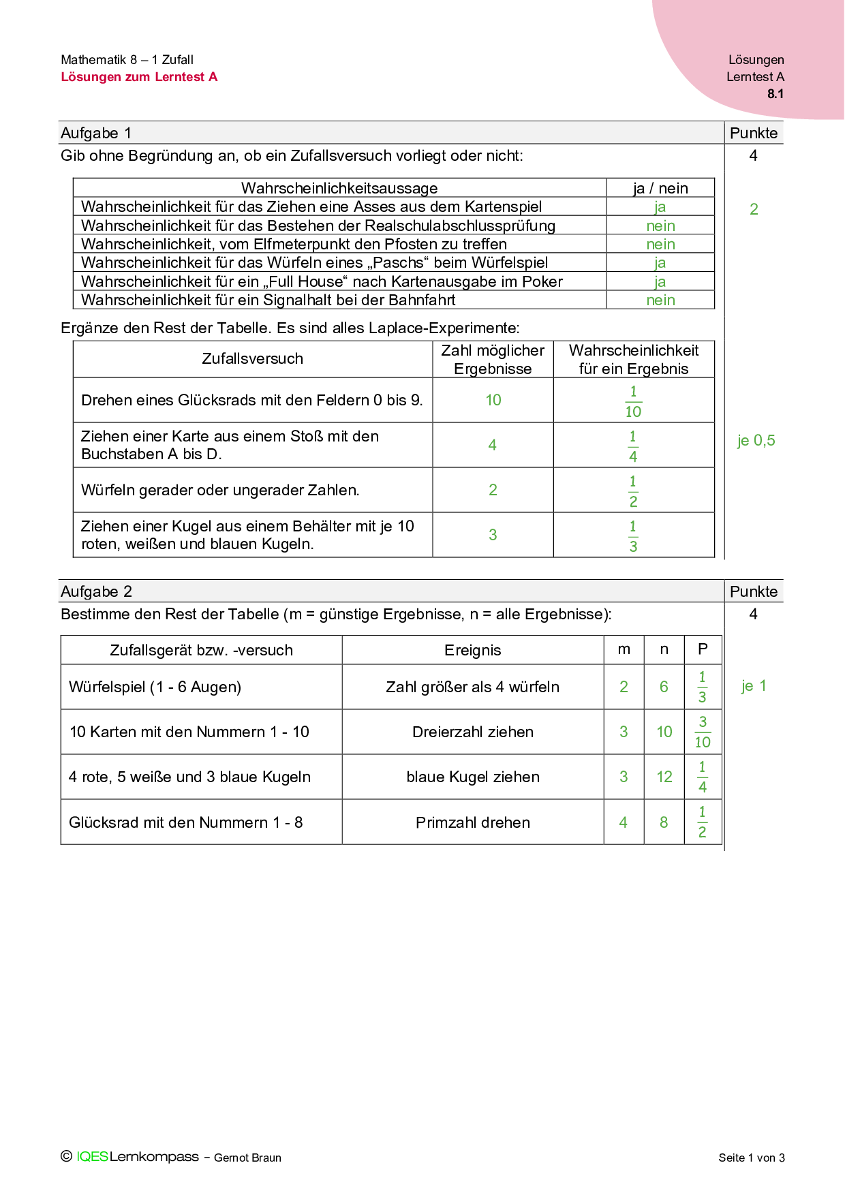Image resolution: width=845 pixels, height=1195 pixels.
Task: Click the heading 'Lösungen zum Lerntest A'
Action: [x=139, y=77]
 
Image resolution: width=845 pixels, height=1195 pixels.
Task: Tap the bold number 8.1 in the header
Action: [x=775, y=94]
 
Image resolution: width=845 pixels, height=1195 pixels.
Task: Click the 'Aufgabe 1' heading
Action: [x=96, y=133]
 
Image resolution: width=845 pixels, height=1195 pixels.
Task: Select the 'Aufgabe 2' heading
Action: [x=97, y=591]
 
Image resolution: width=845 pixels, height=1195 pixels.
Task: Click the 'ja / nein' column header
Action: [x=660, y=188]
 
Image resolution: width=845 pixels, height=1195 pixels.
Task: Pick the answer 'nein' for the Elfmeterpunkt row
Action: [x=660, y=244]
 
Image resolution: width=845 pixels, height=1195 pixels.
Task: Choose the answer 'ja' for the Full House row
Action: [x=660, y=281]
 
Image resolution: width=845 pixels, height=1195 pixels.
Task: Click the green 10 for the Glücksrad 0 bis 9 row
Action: [x=493, y=400]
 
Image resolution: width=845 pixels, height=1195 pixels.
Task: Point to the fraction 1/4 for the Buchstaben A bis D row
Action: [x=633, y=446]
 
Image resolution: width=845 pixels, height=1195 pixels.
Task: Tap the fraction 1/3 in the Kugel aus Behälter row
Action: [x=633, y=536]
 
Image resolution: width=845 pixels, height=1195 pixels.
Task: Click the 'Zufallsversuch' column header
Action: [x=252, y=358]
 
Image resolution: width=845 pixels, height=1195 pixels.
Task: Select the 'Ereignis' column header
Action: [x=472, y=650]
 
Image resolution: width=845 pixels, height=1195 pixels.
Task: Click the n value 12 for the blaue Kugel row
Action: [x=664, y=777]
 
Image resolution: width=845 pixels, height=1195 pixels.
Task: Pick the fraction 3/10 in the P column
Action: [x=703, y=732]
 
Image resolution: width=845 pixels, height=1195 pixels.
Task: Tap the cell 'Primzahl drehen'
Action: [x=472, y=822]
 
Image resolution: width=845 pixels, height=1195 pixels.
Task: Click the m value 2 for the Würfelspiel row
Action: [x=624, y=687]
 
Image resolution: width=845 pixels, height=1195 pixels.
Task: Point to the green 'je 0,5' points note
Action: [x=756, y=441]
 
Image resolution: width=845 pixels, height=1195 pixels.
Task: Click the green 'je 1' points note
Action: [x=754, y=686]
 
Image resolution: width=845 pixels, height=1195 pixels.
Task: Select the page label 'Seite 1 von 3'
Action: [x=751, y=1158]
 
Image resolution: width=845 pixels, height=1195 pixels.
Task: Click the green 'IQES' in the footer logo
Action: [x=93, y=1156]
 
